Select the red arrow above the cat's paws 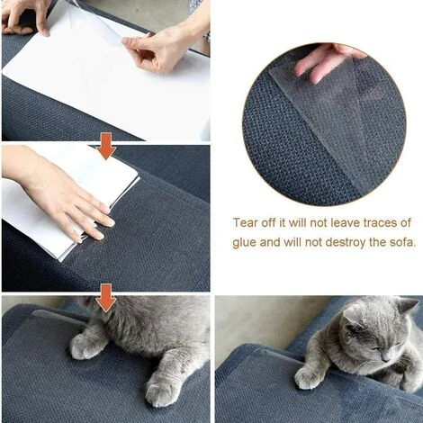pyautogui.click(x=106, y=297)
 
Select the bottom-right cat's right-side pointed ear pyautogui.click(x=407, y=308)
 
